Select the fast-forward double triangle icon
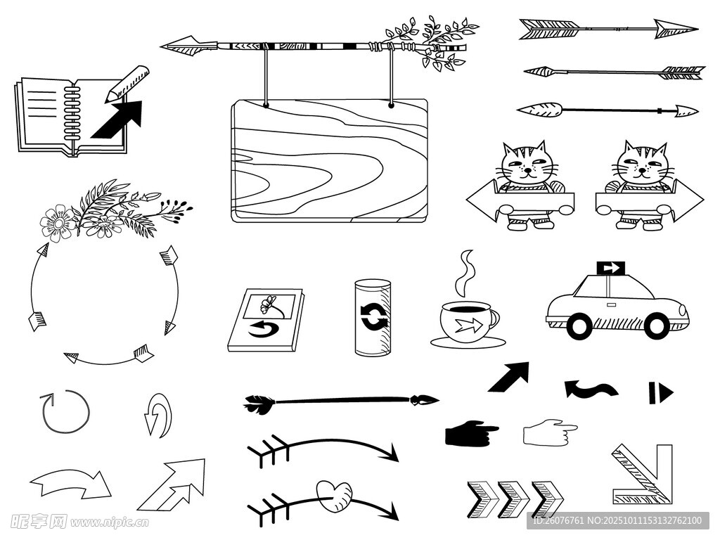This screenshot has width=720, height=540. click(x=661, y=393)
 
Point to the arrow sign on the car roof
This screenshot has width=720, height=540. click(x=611, y=268)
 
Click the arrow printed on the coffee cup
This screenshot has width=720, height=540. click(x=468, y=326)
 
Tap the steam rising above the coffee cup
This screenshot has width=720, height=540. click(x=464, y=274)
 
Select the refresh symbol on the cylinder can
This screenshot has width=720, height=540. click(x=373, y=316)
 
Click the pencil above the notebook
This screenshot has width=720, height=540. click(x=127, y=84)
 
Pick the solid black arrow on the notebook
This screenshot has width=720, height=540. click(x=118, y=119)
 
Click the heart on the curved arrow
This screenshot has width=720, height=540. click(x=334, y=496)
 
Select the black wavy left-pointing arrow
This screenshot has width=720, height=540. click(x=591, y=389)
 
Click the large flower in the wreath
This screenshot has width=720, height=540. click(x=58, y=223)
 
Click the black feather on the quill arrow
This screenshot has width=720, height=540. click(x=259, y=404)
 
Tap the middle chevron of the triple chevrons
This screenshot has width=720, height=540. click(x=514, y=500)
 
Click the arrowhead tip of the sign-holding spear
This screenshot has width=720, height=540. click(x=161, y=46)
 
